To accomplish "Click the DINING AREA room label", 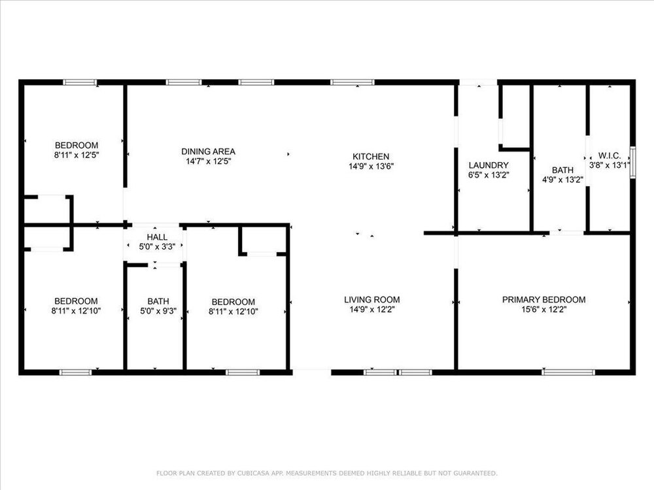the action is point(208,152).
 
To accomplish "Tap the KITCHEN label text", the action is point(371,157).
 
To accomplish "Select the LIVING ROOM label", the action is point(372,300).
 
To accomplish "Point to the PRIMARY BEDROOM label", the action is point(544,300).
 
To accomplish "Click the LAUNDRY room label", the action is point(489,165).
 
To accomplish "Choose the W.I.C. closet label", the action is point(610,156).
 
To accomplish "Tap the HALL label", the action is point(157,237).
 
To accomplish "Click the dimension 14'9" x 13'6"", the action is point(371,167).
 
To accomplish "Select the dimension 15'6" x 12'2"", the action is point(544,310).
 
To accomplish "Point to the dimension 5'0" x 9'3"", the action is point(158,311).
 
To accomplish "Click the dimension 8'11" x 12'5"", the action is point(77,155).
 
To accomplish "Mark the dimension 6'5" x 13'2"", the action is point(489,175).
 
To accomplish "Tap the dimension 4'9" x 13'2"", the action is point(562,180).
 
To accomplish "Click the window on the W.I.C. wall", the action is point(632,163).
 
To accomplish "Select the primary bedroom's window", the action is point(568,372).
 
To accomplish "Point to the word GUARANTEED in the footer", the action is point(475,473).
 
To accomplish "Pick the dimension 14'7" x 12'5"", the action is point(209,161).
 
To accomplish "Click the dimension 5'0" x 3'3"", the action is point(157,247).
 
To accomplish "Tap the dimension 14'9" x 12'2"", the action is point(372,310).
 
